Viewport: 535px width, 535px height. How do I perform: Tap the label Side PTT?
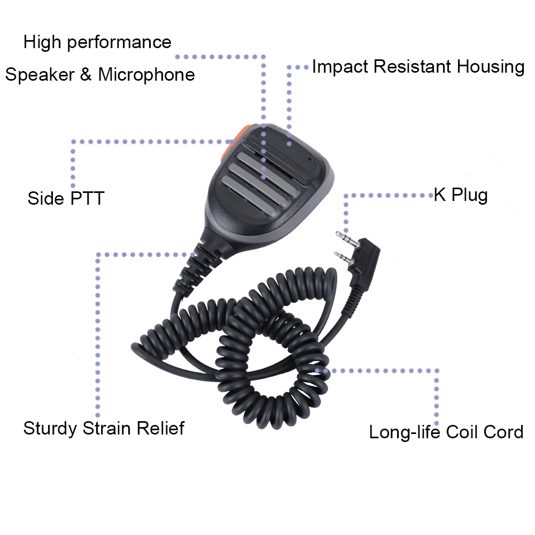(65, 198)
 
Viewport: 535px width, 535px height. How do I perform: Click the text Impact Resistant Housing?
(417, 67)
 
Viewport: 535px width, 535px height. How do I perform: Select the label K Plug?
(460, 195)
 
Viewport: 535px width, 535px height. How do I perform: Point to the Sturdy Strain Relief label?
(104, 428)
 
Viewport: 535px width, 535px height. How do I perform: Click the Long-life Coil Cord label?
(446, 431)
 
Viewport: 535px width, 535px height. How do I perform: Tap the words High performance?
(97, 42)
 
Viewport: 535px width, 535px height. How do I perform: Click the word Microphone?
(146, 74)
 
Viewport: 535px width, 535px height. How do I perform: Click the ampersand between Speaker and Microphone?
(86, 74)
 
